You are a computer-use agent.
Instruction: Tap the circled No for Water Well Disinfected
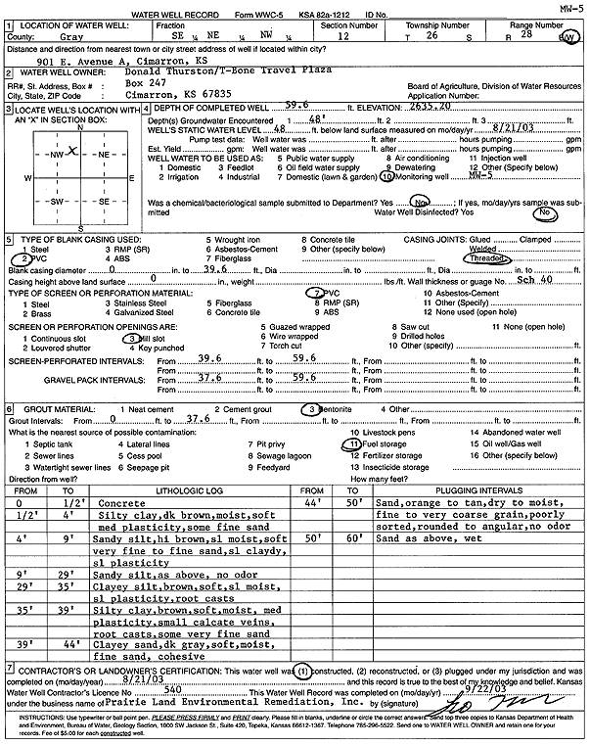click(x=548, y=211)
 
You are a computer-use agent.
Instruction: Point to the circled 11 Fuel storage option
click(x=353, y=442)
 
